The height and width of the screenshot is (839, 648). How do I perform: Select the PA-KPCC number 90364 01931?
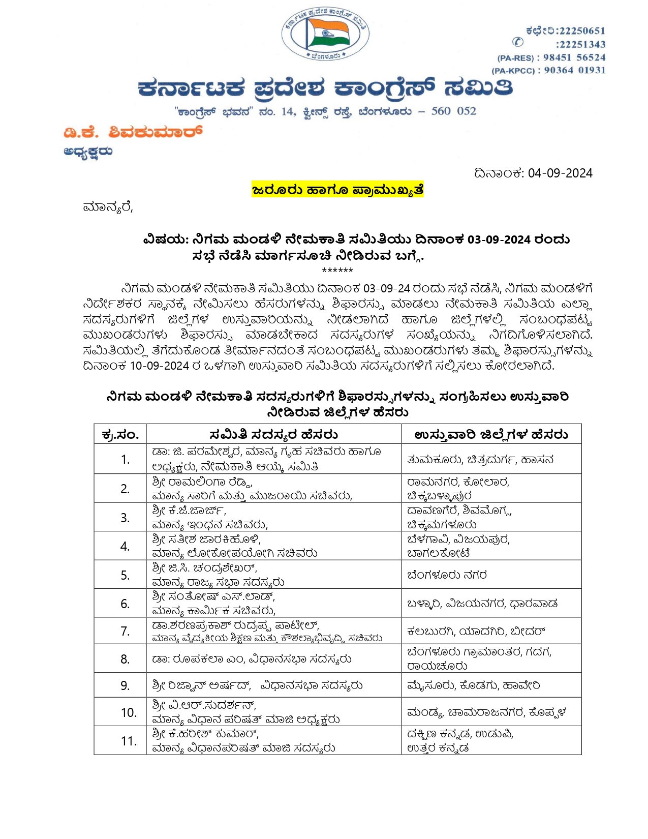[575, 70]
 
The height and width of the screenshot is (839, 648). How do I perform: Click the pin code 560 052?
[453, 111]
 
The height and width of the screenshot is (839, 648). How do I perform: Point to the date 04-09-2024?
[560, 173]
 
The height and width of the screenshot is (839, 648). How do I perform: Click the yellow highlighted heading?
[337, 190]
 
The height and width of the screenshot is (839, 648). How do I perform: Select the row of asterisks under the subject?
[337, 271]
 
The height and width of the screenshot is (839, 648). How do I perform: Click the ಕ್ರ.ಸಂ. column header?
[120, 435]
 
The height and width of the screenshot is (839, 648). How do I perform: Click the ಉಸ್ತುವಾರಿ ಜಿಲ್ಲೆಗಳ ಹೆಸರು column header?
[491, 435]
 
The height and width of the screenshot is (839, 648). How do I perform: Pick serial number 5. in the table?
[125, 575]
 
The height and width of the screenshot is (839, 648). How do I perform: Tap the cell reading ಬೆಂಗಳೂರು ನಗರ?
[447, 575]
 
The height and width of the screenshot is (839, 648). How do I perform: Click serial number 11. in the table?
[129, 741]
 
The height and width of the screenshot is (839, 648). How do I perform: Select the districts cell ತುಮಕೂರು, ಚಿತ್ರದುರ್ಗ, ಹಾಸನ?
[480, 460]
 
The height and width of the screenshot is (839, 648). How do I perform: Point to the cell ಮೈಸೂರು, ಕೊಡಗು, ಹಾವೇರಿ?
[474, 686]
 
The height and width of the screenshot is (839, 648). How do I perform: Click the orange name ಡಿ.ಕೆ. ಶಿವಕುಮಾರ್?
[133, 133]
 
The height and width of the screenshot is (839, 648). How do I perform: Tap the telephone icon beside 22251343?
[517, 43]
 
